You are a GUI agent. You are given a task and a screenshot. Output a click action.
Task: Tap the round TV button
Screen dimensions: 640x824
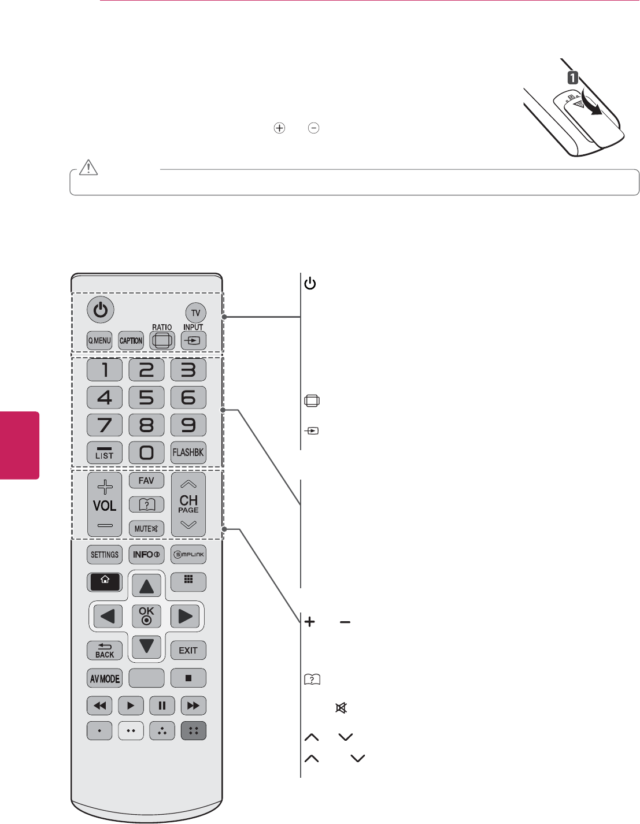point(195,313)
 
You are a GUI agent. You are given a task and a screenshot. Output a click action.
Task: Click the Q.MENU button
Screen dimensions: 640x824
point(99,340)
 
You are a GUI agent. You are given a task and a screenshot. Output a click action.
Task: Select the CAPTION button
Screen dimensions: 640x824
point(131,340)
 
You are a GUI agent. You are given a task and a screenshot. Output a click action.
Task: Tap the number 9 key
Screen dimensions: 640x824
point(188,425)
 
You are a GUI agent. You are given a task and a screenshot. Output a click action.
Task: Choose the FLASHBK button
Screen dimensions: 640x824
point(188,452)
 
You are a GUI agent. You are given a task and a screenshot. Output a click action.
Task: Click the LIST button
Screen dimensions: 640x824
point(105,452)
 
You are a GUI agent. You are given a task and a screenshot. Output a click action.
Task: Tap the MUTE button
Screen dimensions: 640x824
point(146,528)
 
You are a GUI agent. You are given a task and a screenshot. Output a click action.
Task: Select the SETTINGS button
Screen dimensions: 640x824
point(105,555)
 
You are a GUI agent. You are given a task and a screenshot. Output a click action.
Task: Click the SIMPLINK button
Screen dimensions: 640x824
point(188,555)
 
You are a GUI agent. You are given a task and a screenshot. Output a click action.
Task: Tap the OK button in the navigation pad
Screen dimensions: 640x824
point(146,615)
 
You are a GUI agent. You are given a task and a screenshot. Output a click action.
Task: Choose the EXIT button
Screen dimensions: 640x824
point(188,650)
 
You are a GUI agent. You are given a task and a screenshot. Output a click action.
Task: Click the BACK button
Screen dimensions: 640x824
point(105,650)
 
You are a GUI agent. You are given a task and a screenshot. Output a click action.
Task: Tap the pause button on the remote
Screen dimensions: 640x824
point(162,706)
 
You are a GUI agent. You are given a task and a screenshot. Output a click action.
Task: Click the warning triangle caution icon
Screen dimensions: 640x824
point(89,168)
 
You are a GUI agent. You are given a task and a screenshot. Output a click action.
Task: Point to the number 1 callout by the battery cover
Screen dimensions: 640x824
point(572,77)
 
